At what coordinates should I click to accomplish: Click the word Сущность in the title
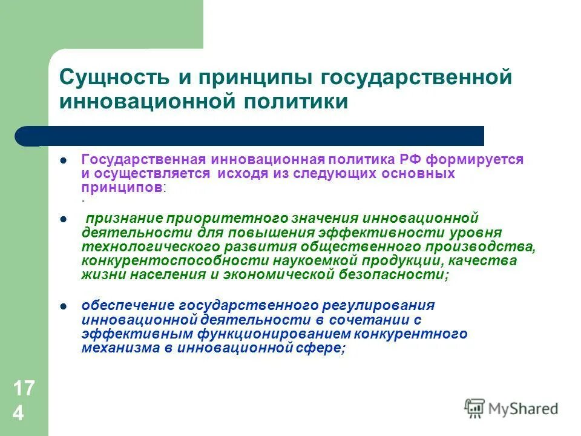113,78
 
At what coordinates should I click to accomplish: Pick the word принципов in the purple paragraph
122,187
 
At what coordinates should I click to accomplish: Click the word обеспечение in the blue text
121,305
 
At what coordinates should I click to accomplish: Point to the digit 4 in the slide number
19,414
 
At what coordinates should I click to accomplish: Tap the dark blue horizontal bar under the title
254,136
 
